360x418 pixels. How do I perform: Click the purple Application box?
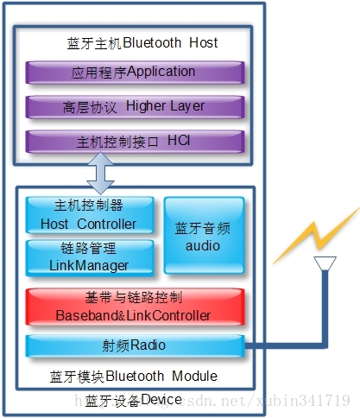[x=134, y=73]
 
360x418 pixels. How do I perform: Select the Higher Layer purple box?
[x=134, y=107]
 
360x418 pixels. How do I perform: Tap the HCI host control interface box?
[x=134, y=141]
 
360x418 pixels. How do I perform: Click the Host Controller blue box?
[x=89, y=214]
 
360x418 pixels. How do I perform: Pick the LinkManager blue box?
[x=89, y=256]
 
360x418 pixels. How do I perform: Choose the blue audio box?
[x=204, y=236]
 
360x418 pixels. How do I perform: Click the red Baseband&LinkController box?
[x=134, y=307]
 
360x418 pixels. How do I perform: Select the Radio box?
[x=134, y=345]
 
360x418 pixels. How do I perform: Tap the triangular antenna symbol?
[x=325, y=264]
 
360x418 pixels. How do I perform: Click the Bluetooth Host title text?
[x=142, y=42]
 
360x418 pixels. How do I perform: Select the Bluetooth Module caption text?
[x=134, y=377]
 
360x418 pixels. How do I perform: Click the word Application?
[x=161, y=72]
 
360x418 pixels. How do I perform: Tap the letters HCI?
[x=179, y=140]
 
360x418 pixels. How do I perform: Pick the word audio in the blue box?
[x=204, y=245]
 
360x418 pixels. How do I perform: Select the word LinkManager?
[x=89, y=265]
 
